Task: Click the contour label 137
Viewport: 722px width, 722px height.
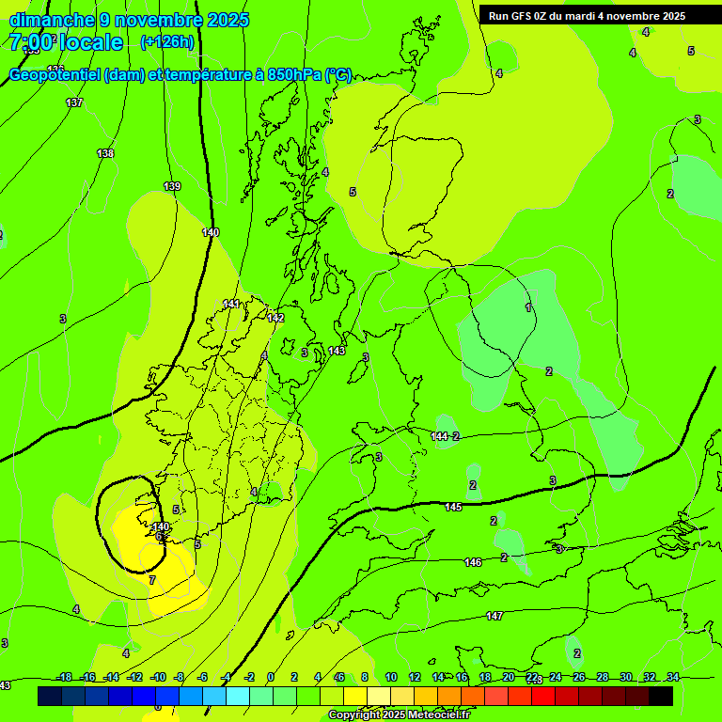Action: click(74, 102)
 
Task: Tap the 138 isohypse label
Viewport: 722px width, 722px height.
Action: click(105, 153)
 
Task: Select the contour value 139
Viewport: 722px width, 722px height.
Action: click(172, 187)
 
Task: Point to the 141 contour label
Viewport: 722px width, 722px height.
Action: click(231, 304)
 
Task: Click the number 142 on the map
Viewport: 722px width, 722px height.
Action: click(275, 319)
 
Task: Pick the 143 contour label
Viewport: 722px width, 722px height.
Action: click(337, 352)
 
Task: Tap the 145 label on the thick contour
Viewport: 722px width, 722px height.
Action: click(453, 508)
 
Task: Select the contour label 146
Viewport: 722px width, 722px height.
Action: click(473, 563)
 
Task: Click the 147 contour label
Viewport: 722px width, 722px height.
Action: click(494, 617)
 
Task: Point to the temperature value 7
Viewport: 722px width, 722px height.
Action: click(152, 581)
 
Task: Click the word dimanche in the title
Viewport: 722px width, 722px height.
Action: click(52, 20)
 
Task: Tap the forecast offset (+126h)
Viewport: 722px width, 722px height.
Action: click(167, 41)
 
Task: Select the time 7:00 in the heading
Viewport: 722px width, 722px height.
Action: click(34, 42)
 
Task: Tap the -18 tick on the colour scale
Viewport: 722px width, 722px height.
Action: click(64, 677)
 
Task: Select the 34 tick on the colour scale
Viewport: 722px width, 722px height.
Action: click(672, 677)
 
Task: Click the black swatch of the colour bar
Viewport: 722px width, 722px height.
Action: click(661, 696)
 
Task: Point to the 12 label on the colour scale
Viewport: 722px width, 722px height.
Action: click(415, 677)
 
